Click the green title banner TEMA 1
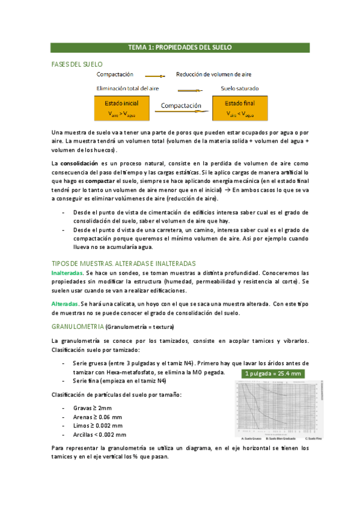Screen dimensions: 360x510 [180, 47]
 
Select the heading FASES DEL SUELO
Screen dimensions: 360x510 [78, 64]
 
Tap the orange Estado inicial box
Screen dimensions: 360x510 [122, 107]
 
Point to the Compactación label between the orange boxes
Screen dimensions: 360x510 [180, 105]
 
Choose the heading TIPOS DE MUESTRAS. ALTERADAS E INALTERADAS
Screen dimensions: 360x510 [124, 263]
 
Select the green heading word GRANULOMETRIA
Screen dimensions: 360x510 [78, 327]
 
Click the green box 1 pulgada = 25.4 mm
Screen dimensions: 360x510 [272, 373]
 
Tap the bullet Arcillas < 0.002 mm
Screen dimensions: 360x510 [99, 434]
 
